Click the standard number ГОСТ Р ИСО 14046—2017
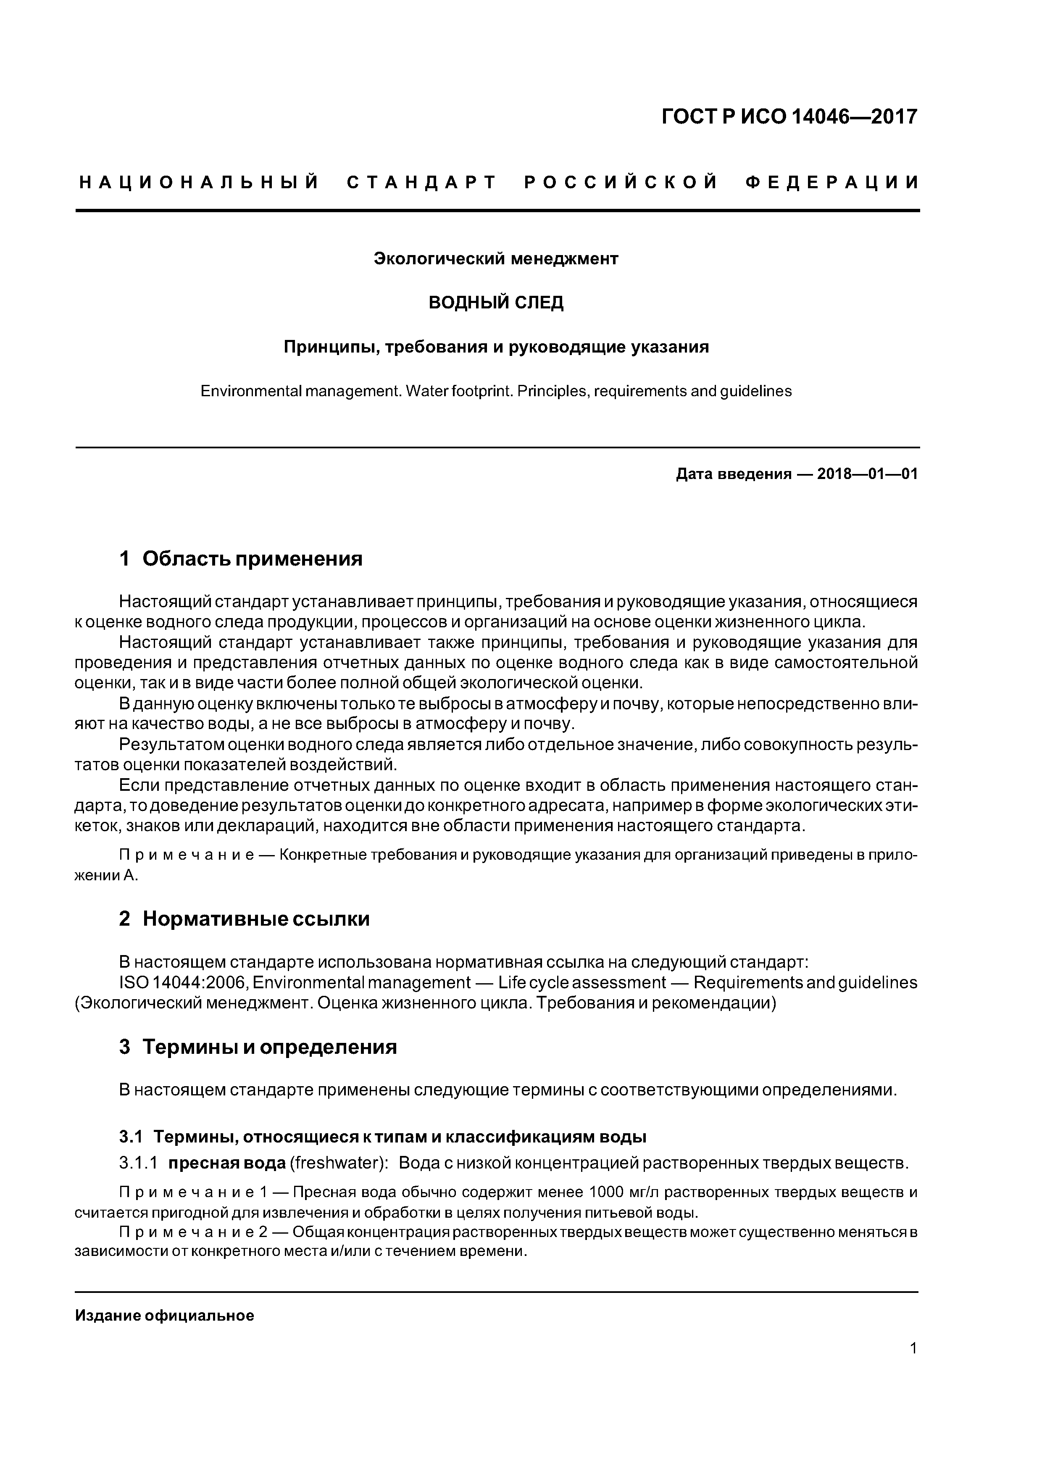[789, 117]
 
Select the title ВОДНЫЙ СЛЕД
[496, 303]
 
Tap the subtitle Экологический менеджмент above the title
[496, 259]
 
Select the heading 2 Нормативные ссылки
[244, 919]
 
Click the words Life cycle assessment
[582, 983]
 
